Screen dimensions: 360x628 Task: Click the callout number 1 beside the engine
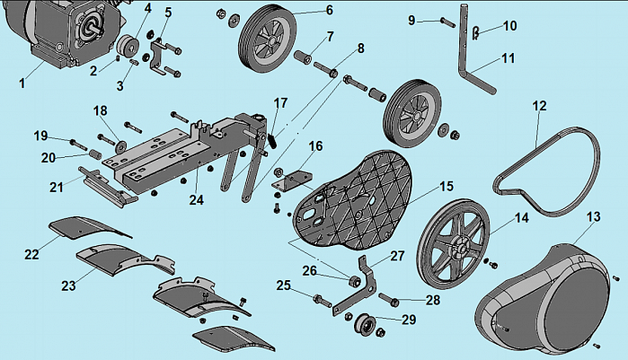(x=22, y=83)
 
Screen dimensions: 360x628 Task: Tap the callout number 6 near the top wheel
(x=329, y=10)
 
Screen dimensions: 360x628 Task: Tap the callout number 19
(x=40, y=136)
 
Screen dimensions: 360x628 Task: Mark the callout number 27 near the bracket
(x=397, y=256)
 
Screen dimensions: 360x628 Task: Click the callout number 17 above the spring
(x=280, y=102)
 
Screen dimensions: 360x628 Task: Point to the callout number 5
(x=168, y=13)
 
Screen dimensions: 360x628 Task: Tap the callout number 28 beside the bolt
(x=433, y=300)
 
